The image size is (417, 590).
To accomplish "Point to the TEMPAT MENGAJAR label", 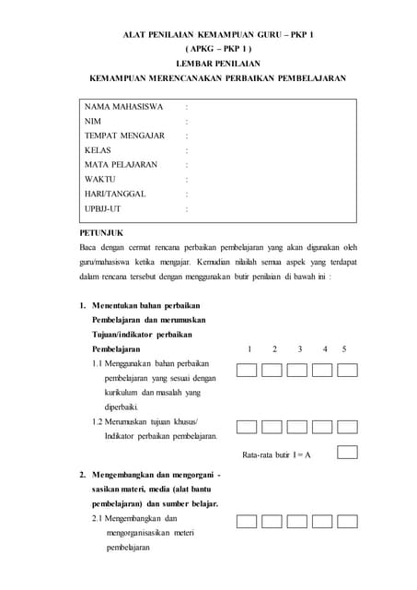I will pyautogui.click(x=124, y=136).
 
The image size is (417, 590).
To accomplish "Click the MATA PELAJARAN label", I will pyautogui.click(x=121, y=165).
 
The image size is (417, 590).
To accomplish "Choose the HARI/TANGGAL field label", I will pyautogui.click(x=115, y=195).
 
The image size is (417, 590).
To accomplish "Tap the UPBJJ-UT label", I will pyautogui.click(x=102, y=209).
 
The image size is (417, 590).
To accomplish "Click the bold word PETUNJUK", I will pyautogui.click(x=101, y=233).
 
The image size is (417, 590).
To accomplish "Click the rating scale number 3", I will pyautogui.click(x=299, y=349).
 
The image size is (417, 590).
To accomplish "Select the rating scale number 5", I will pyautogui.click(x=344, y=349).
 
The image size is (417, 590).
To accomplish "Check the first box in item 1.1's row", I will pyautogui.click(x=247, y=370).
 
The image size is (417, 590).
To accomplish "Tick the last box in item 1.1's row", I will pyautogui.click(x=347, y=370).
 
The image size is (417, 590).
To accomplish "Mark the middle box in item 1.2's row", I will pyautogui.click(x=296, y=426).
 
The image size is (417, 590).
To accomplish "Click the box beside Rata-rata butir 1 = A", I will pyautogui.click(x=347, y=453).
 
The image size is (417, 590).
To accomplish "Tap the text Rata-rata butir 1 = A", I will pyautogui.click(x=276, y=455).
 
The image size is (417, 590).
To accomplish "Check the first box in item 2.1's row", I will pyautogui.click(x=247, y=521).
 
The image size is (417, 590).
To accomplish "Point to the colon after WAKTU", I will pyautogui.click(x=186, y=180).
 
